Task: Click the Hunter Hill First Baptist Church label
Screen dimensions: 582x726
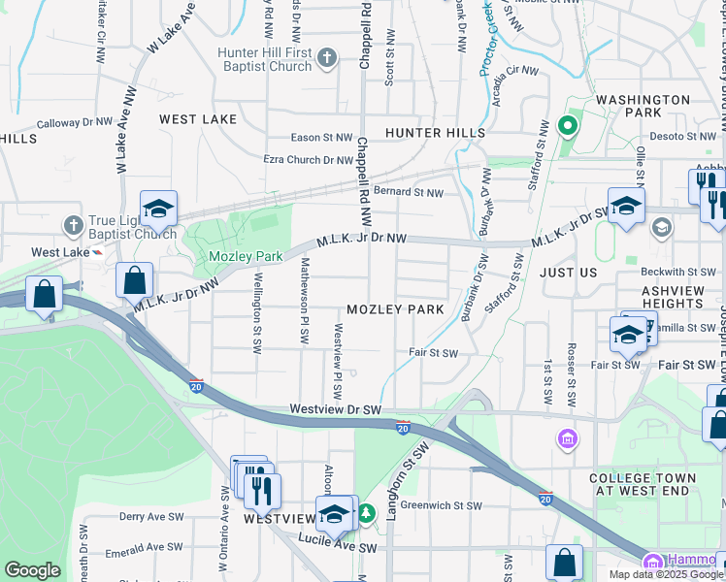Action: click(264, 59)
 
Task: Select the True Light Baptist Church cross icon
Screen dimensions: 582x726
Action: click(73, 226)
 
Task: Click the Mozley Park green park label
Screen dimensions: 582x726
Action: click(246, 256)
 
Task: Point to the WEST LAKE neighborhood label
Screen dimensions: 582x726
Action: click(198, 119)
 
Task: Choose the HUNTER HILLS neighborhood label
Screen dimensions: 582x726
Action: click(435, 132)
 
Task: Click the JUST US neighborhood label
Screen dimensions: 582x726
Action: click(569, 273)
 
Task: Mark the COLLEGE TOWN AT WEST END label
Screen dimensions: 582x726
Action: click(643, 484)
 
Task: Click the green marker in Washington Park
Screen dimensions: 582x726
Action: click(568, 127)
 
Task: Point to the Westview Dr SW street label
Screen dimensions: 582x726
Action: click(336, 411)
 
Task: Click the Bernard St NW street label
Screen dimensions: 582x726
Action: click(409, 193)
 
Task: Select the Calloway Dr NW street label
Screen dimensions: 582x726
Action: click(75, 123)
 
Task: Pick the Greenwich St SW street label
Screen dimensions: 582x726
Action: click(441, 505)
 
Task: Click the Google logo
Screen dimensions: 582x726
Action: click(32, 570)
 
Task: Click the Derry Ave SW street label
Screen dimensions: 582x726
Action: click(146, 517)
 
